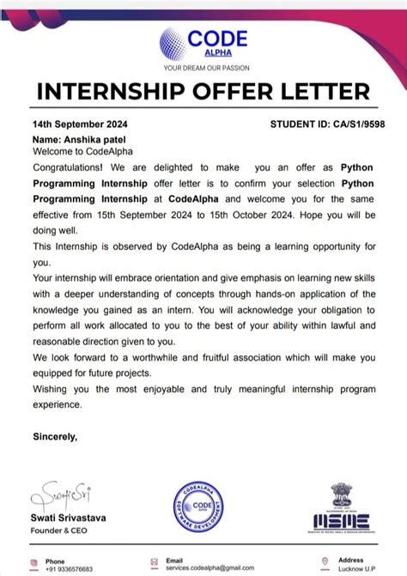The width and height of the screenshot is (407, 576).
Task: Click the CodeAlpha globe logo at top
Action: point(179,44)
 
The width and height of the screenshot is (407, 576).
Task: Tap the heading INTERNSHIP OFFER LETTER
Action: point(203,92)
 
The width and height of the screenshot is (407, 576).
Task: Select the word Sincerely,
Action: point(55,437)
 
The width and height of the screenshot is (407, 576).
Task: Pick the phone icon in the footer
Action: point(36,561)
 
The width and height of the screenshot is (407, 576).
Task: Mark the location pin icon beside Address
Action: point(325,561)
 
